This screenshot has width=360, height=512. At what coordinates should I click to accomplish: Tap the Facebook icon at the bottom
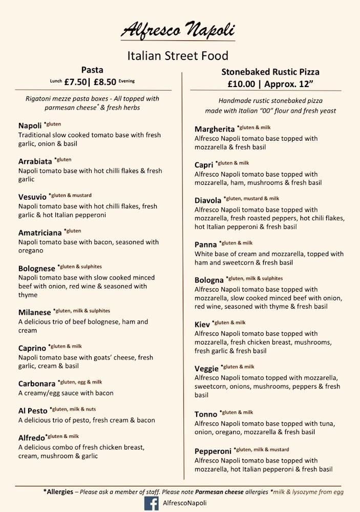point(151,504)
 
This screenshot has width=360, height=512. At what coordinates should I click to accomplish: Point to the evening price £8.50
point(105,81)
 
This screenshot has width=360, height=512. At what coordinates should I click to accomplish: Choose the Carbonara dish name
point(37,383)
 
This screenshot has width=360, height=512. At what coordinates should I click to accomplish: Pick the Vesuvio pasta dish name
point(32,197)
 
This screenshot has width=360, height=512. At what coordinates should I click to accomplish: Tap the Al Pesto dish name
point(33,411)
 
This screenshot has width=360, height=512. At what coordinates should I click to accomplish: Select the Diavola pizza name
point(208,200)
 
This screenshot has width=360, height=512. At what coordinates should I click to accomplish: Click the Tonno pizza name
point(206,414)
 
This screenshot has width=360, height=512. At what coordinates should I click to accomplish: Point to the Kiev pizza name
point(202,325)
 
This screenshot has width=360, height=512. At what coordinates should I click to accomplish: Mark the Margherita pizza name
point(215,129)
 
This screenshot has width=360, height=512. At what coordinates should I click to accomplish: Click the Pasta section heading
point(92,70)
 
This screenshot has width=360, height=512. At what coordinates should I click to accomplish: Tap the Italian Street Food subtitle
point(177,55)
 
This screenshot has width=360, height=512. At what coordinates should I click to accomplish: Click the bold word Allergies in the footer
point(58,492)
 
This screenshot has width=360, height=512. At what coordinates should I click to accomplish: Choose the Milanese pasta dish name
point(35,312)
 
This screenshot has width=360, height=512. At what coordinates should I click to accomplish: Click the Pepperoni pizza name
point(213,452)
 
